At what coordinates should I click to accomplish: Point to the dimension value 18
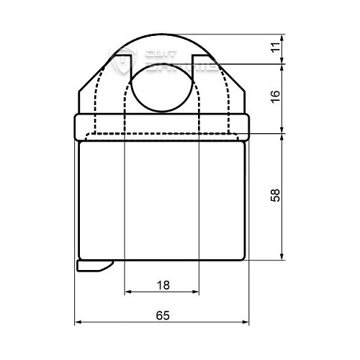[162, 285]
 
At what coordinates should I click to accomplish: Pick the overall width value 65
[162, 315]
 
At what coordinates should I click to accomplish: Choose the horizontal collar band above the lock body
[162, 127]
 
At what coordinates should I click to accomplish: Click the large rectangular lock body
[162, 198]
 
